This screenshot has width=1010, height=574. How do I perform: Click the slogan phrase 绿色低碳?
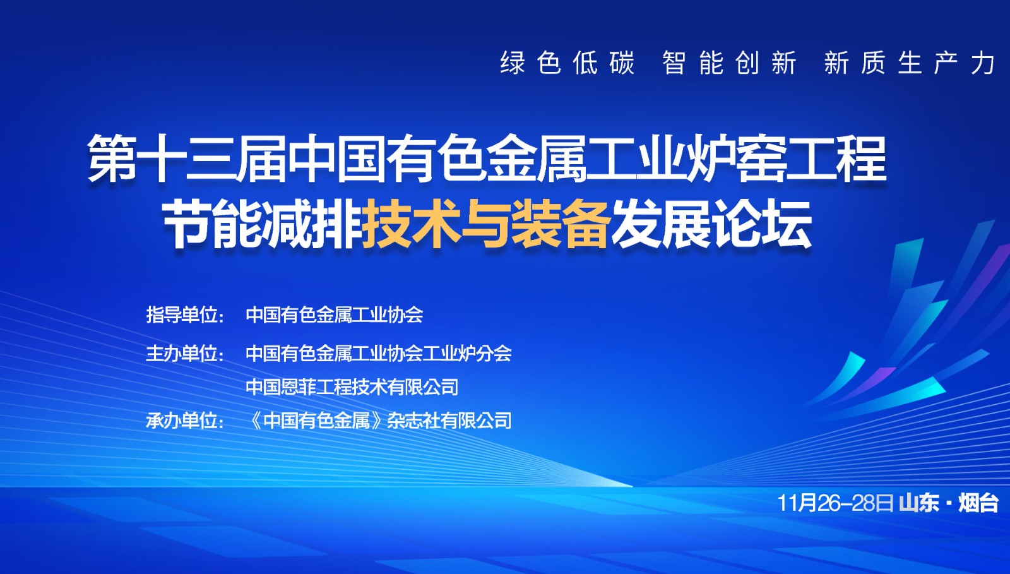(x=567, y=63)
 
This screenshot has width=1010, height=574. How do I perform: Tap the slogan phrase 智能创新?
(x=729, y=63)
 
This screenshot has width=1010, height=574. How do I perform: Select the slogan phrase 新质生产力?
(x=910, y=63)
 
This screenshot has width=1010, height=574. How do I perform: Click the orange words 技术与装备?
(x=486, y=224)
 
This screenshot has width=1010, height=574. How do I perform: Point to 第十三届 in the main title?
(x=187, y=158)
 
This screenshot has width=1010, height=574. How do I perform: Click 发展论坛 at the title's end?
(x=711, y=224)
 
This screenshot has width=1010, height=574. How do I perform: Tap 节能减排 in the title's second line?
(x=262, y=224)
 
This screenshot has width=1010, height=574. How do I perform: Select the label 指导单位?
(x=185, y=314)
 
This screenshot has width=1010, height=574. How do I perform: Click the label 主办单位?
(x=185, y=353)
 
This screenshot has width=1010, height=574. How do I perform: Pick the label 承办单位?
(x=185, y=421)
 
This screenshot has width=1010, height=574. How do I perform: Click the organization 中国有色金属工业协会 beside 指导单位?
(x=334, y=314)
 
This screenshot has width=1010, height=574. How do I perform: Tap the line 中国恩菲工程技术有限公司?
(x=352, y=386)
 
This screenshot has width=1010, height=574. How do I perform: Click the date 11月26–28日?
(x=835, y=503)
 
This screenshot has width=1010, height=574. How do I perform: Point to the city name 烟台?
(x=978, y=503)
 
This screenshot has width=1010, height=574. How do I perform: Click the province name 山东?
(x=919, y=503)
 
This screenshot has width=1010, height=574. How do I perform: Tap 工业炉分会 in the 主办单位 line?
(x=468, y=353)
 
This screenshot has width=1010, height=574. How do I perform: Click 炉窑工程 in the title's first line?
(x=785, y=158)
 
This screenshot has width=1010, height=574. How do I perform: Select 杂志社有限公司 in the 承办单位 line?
(x=449, y=421)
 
